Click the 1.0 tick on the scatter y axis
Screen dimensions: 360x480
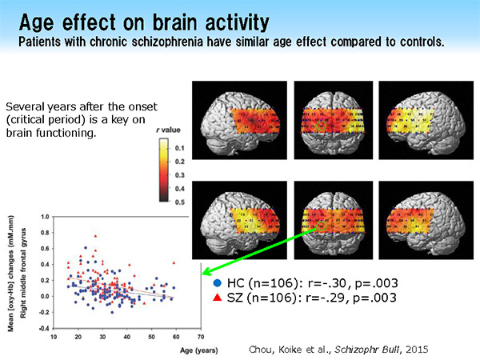(45, 216)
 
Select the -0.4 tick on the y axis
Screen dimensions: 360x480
(44, 328)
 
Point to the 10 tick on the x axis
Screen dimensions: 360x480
(54, 337)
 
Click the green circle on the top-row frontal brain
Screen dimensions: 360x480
(322, 126)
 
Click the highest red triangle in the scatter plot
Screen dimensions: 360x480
(95, 236)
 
